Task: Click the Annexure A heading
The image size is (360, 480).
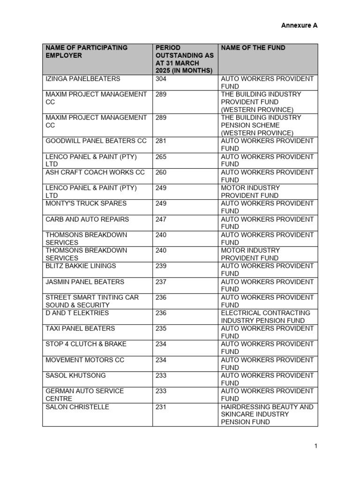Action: click(x=299, y=25)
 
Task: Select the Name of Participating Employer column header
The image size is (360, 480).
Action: click(x=87, y=52)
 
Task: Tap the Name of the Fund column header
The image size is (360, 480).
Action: click(x=253, y=48)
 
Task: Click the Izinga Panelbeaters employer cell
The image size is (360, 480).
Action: click(x=83, y=79)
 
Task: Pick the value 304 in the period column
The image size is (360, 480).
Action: click(x=161, y=79)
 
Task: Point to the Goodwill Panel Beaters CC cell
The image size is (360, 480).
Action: click(x=96, y=141)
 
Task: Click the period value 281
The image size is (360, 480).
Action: click(x=161, y=141)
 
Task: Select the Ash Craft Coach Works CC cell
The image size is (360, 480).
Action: click(x=95, y=172)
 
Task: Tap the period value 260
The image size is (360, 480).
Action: click(x=161, y=172)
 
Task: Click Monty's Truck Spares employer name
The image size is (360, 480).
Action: click(x=86, y=203)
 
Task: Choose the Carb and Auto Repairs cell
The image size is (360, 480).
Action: click(x=87, y=219)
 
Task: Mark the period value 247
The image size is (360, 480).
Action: click(x=161, y=219)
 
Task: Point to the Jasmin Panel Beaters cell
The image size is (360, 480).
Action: click(x=85, y=282)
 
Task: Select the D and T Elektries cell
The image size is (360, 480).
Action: click(x=77, y=313)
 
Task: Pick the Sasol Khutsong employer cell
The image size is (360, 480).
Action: click(x=75, y=375)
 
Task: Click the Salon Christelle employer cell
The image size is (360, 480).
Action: click(x=77, y=407)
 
